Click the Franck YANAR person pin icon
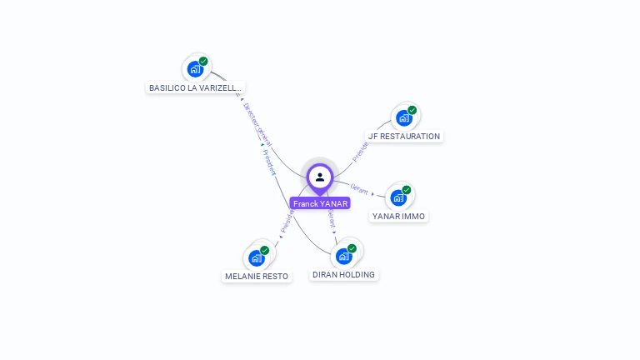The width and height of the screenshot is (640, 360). pos(320,177)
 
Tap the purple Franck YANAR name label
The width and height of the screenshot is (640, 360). pos(320,203)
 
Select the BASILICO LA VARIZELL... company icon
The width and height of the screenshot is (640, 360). pos(195,69)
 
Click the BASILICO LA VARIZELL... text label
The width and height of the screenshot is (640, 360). pos(195,87)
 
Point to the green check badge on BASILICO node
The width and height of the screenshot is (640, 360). pos(203,61)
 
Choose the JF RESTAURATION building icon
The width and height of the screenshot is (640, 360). pos(404,118)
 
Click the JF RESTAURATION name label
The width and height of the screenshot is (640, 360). pos(404,136)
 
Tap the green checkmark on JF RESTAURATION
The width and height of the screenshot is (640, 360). pos(412,110)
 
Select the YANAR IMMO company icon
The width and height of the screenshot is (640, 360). pos(398,198)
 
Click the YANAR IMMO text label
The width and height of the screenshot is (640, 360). pos(398,216)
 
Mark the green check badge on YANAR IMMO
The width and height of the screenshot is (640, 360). pos(407,190)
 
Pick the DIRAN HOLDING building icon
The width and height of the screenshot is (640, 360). pos(343,257)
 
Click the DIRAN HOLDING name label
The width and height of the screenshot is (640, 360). pos(343,274)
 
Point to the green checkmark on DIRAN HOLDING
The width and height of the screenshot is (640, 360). pos(352,248)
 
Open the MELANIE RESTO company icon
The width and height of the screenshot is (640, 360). pos(256,258)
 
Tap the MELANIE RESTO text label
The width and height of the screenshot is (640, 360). pos(257,276)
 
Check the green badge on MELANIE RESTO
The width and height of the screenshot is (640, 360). pos(264,250)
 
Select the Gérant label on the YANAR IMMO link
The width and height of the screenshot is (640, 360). pos(359,187)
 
